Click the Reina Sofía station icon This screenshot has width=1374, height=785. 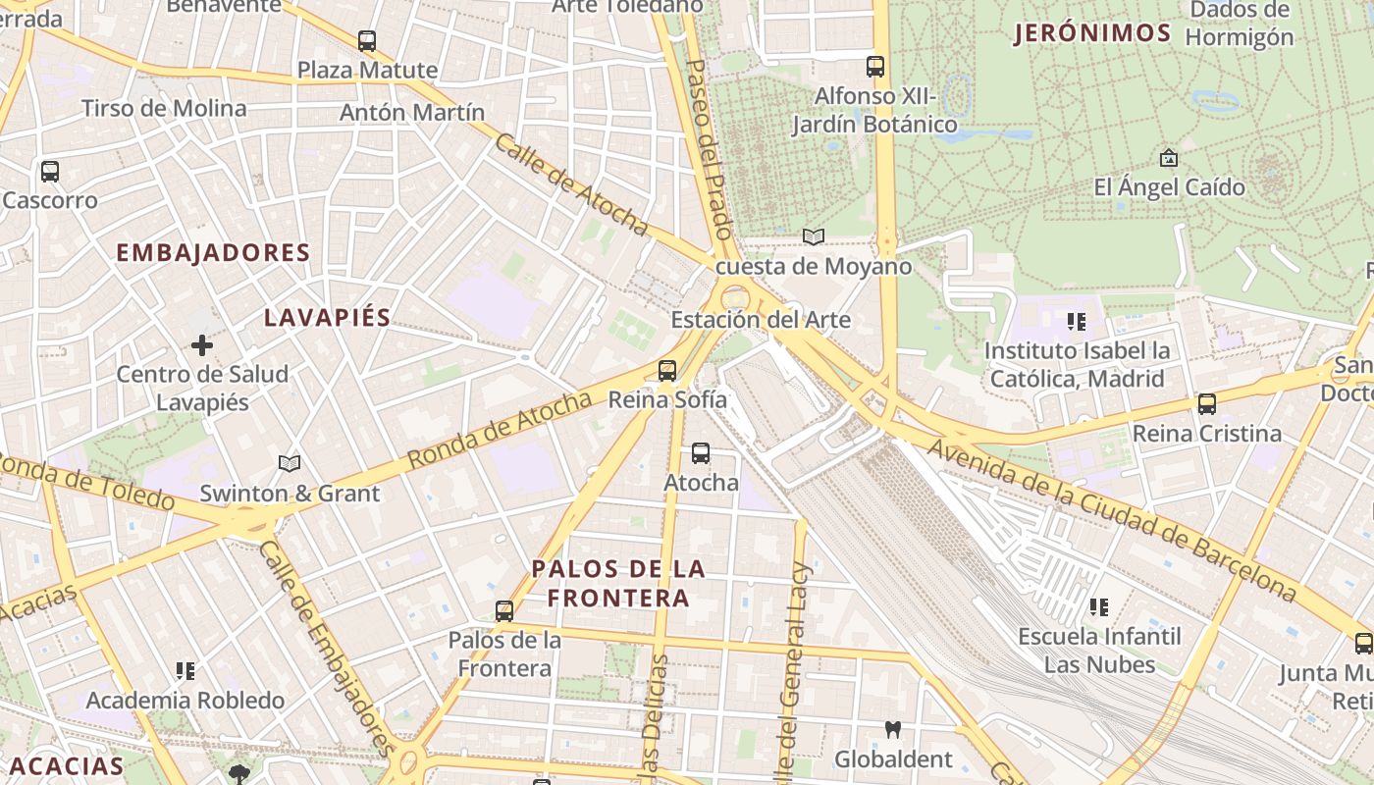tap(667, 371)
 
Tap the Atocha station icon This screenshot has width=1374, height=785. tap(700, 452)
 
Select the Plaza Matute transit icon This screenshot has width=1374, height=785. tap(367, 41)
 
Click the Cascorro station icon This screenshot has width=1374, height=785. tap(50, 172)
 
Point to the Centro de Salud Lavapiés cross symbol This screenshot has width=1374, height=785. tap(202, 344)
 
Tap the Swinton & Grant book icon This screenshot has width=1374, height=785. tap(289, 463)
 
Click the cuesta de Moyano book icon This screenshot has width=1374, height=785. tap(814, 236)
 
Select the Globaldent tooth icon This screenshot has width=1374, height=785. tap(893, 729)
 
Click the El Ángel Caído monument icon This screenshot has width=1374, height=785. tap(1169, 157)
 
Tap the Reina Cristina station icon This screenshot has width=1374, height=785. tap(1207, 403)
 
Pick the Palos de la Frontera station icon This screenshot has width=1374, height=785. tap(504, 611)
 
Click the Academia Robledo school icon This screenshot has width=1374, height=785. tap(185, 671)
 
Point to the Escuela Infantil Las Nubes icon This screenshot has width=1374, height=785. tap(1099, 607)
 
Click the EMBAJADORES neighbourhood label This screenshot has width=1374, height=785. tap(213, 252)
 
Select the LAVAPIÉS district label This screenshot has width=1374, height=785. tap(328, 317)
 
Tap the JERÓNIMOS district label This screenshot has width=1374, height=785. tap(1092, 33)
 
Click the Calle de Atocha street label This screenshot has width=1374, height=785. tap(571, 185)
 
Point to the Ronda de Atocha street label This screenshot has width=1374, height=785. tap(500, 430)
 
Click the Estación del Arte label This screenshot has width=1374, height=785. tap(761, 320)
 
